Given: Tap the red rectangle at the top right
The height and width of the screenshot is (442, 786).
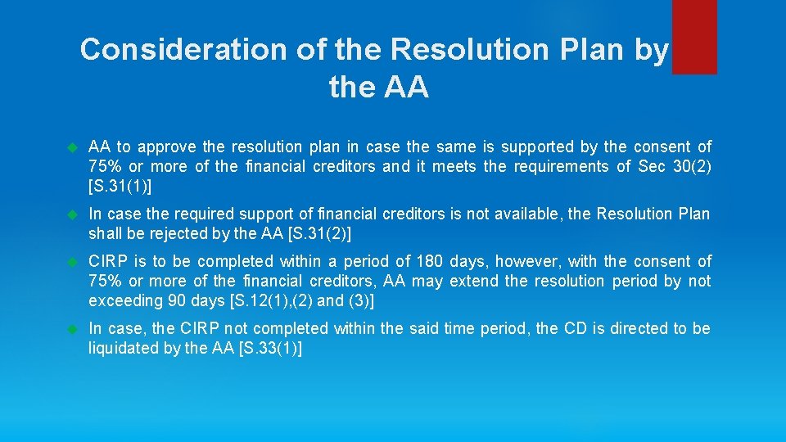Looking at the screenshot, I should pos(693,37).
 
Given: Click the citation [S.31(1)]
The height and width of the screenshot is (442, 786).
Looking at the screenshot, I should pos(120,186).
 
